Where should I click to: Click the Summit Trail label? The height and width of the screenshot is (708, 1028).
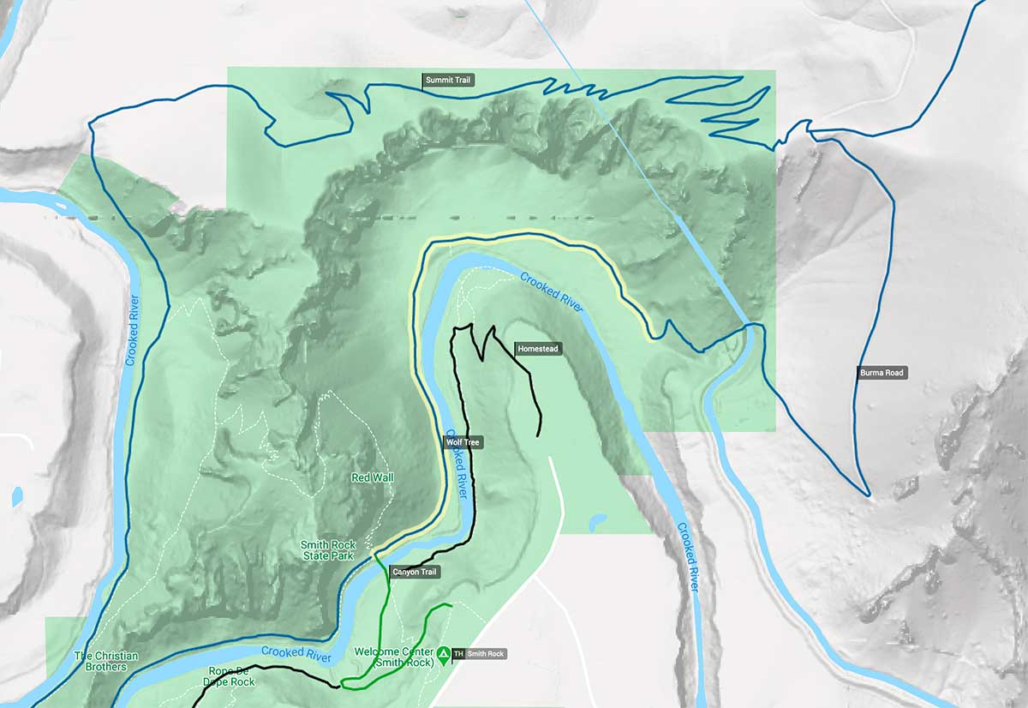(x=449, y=81)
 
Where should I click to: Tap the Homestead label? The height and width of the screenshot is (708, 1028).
(x=538, y=349)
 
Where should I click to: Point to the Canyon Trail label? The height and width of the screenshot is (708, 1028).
(x=415, y=572)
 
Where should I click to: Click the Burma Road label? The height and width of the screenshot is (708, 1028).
(x=882, y=373)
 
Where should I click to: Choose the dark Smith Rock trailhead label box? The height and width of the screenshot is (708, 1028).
(x=485, y=654)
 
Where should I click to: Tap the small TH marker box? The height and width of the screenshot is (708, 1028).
(x=458, y=654)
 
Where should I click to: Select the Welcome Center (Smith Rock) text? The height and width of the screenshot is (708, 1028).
(x=394, y=657)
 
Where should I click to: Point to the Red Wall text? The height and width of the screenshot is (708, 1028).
(x=373, y=477)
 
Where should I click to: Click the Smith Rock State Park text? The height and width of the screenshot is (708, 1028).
(x=327, y=549)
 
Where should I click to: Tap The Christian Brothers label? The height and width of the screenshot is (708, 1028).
(x=106, y=662)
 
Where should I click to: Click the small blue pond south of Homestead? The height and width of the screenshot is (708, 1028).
(x=599, y=519)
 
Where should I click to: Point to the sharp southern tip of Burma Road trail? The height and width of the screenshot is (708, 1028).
(x=867, y=494)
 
